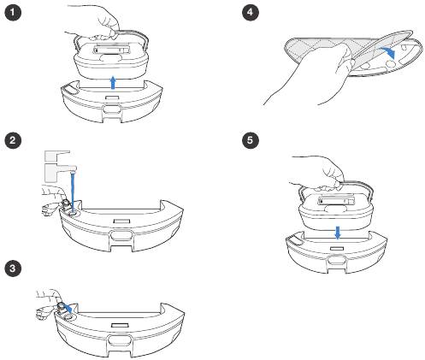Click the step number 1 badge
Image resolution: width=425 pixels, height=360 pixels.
[x=13, y=12]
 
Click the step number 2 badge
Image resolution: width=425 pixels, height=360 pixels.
[x=13, y=140]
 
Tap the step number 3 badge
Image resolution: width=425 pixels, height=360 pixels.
[x=13, y=269]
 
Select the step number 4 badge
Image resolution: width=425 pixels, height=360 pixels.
[x=251, y=12]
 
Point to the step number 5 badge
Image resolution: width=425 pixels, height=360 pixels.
[x=251, y=140]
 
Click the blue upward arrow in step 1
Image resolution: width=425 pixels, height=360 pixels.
[x=113, y=83]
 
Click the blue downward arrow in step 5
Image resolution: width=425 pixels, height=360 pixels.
[x=338, y=233]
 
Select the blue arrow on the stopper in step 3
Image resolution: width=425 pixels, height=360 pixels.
[x=68, y=309]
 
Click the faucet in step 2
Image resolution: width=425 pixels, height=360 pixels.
[x=58, y=166]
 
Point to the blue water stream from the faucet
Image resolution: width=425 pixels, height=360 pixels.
[x=74, y=192]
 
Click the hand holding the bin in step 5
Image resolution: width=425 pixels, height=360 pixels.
[x=319, y=173]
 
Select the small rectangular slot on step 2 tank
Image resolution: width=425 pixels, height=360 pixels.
[x=121, y=221]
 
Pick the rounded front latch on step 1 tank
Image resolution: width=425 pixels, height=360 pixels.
[x=112, y=109]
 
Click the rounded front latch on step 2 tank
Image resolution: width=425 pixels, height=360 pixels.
[x=121, y=236]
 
